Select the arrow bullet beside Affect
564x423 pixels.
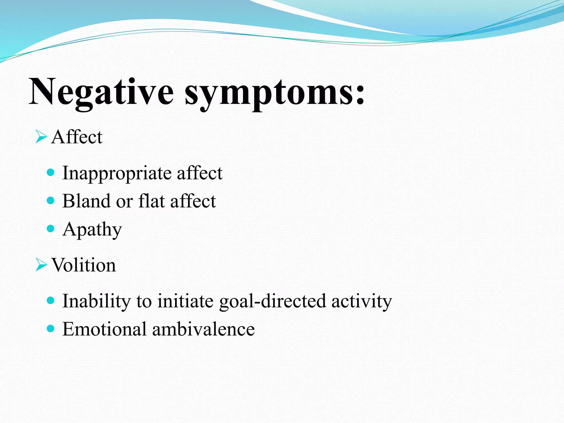pyautogui.click(x=41, y=137)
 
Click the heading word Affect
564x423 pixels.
pyautogui.click(x=77, y=137)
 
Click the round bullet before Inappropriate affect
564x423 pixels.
pyautogui.click(x=51, y=173)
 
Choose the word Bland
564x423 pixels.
pyautogui.click(x=86, y=201)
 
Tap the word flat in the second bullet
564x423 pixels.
pyautogui.click(x=151, y=201)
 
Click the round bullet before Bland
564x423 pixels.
pyautogui.click(x=51, y=200)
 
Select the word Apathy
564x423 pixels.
pyautogui.click(x=92, y=229)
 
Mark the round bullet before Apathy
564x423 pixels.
pyautogui.click(x=51, y=228)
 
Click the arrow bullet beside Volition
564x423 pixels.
pyautogui.click(x=41, y=265)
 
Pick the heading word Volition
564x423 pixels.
pyautogui.click(x=84, y=265)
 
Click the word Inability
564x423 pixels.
pyautogui.click(x=96, y=301)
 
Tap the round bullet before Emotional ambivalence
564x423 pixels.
pyautogui.click(x=51, y=328)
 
